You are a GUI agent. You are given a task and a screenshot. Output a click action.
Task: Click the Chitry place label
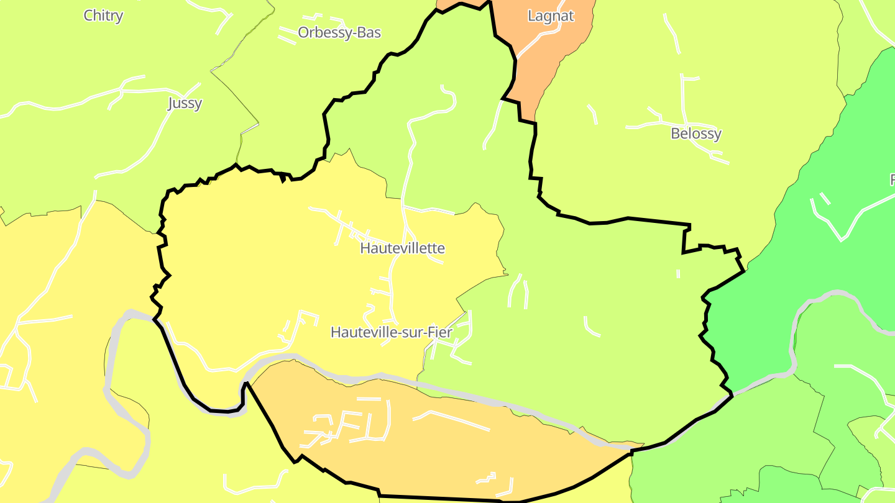click(x=103, y=16)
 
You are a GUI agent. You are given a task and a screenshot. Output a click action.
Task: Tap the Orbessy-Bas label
click(x=339, y=32)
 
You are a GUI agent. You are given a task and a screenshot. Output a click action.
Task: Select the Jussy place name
click(x=185, y=103)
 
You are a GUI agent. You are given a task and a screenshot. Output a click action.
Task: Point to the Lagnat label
click(x=550, y=16)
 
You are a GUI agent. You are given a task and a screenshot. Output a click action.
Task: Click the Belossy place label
click(x=696, y=134)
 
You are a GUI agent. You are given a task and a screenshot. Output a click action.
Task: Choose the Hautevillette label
click(x=402, y=248)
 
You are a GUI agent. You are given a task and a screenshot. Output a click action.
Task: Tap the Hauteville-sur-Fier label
click(x=391, y=332)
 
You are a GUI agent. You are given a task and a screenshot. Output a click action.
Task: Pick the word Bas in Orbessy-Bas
click(x=369, y=32)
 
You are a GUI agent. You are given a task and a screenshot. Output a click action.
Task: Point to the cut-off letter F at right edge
click(x=892, y=179)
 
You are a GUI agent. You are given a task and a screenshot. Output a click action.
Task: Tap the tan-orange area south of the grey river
click(x=435, y=453)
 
